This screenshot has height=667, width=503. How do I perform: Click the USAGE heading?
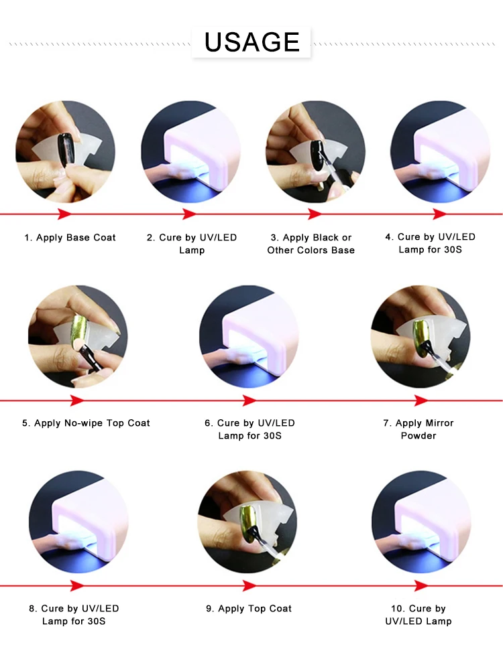point(251,42)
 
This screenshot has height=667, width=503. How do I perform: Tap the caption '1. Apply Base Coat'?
point(70,237)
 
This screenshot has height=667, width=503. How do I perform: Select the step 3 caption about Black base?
point(311,244)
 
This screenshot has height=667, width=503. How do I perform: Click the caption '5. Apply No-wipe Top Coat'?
point(86,423)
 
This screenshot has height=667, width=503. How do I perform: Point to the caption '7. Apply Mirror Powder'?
point(418,429)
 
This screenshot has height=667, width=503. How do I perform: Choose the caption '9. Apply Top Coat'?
point(249,608)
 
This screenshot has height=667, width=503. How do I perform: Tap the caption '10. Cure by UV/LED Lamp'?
point(418,615)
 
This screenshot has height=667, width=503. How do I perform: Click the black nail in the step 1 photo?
point(66,150)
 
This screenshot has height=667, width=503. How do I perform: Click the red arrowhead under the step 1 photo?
point(65,214)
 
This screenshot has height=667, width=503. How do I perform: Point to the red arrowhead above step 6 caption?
point(249,400)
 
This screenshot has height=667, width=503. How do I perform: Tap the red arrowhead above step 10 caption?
point(421,586)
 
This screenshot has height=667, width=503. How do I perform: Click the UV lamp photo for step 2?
point(191,151)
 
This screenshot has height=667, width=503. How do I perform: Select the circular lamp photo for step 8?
point(78,522)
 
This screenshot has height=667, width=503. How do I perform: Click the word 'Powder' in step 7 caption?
point(418,435)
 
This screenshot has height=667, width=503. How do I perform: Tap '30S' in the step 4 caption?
point(452,249)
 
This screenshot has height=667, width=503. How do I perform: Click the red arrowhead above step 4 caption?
point(440,214)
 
